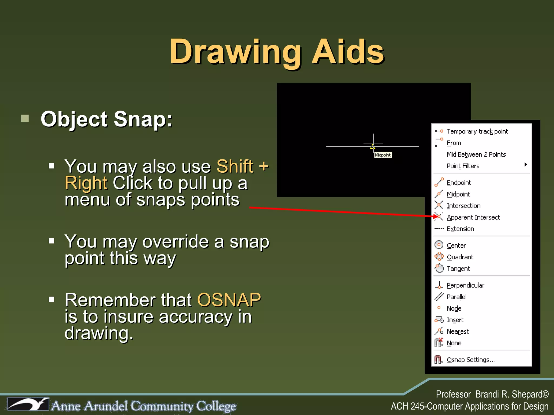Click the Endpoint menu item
[459, 183]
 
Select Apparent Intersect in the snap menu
[473, 217]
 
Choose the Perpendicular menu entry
[465, 285]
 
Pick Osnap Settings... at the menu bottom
[471, 360]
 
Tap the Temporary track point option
[477, 132]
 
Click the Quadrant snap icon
[439, 257]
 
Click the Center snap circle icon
[439, 245]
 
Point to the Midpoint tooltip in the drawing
[383, 155]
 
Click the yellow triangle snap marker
[373, 147]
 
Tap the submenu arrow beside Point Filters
[526, 165]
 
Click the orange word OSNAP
[229, 300]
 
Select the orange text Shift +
[242, 166]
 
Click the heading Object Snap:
[107, 119]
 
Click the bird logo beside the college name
[28, 404]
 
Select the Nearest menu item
[457, 332]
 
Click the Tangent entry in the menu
[458, 269]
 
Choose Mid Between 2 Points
[476, 155]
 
